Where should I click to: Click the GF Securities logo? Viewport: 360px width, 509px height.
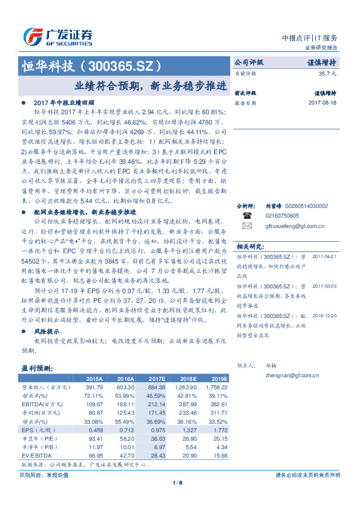coord(57,36)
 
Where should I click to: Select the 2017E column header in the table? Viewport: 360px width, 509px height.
coord(156,378)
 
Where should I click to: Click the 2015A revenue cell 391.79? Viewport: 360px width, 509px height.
coord(96,386)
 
